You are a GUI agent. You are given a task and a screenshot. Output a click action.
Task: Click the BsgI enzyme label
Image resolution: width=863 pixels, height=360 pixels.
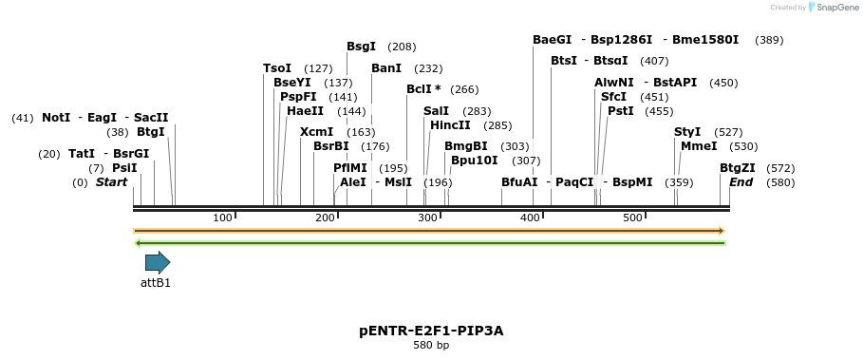361,47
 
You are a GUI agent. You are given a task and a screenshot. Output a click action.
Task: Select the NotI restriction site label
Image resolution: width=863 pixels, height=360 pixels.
56,118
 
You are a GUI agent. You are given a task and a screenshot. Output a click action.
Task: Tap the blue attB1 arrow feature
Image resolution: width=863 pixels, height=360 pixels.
157,262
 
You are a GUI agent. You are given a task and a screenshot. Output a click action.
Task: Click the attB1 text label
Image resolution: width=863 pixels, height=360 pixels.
156,283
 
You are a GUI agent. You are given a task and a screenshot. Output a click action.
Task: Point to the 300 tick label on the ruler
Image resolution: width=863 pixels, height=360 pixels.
426,218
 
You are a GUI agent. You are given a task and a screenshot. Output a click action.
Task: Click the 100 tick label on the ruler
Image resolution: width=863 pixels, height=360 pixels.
222,218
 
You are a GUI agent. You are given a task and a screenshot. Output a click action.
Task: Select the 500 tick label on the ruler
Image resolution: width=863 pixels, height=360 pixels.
632,218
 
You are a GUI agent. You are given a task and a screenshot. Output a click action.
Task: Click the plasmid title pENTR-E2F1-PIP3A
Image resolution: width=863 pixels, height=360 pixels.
431,331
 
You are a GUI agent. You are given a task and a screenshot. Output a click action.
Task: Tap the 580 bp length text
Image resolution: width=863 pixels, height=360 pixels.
431,346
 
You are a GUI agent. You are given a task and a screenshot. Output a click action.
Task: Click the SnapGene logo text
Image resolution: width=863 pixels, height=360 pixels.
836,8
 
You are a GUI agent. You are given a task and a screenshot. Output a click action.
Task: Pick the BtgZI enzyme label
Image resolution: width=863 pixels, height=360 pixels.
737,168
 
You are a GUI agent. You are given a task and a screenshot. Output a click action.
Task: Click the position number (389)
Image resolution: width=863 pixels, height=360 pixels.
769,40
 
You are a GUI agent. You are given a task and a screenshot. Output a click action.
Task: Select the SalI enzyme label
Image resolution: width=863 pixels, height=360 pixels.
436,111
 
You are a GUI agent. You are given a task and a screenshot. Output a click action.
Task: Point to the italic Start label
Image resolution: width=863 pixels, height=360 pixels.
111,182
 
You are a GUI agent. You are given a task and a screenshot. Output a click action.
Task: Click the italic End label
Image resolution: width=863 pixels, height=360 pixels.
741,182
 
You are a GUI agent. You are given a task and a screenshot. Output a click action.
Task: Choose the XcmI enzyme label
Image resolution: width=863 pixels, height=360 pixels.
316,132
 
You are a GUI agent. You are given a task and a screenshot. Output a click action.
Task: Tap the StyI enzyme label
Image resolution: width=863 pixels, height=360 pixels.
687,132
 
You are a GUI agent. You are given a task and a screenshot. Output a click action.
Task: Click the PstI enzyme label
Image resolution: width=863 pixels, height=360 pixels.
620,111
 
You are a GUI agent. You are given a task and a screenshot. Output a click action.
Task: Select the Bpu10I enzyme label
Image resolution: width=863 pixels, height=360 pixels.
474,161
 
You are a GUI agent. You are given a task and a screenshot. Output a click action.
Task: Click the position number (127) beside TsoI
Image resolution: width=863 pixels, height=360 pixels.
318,68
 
